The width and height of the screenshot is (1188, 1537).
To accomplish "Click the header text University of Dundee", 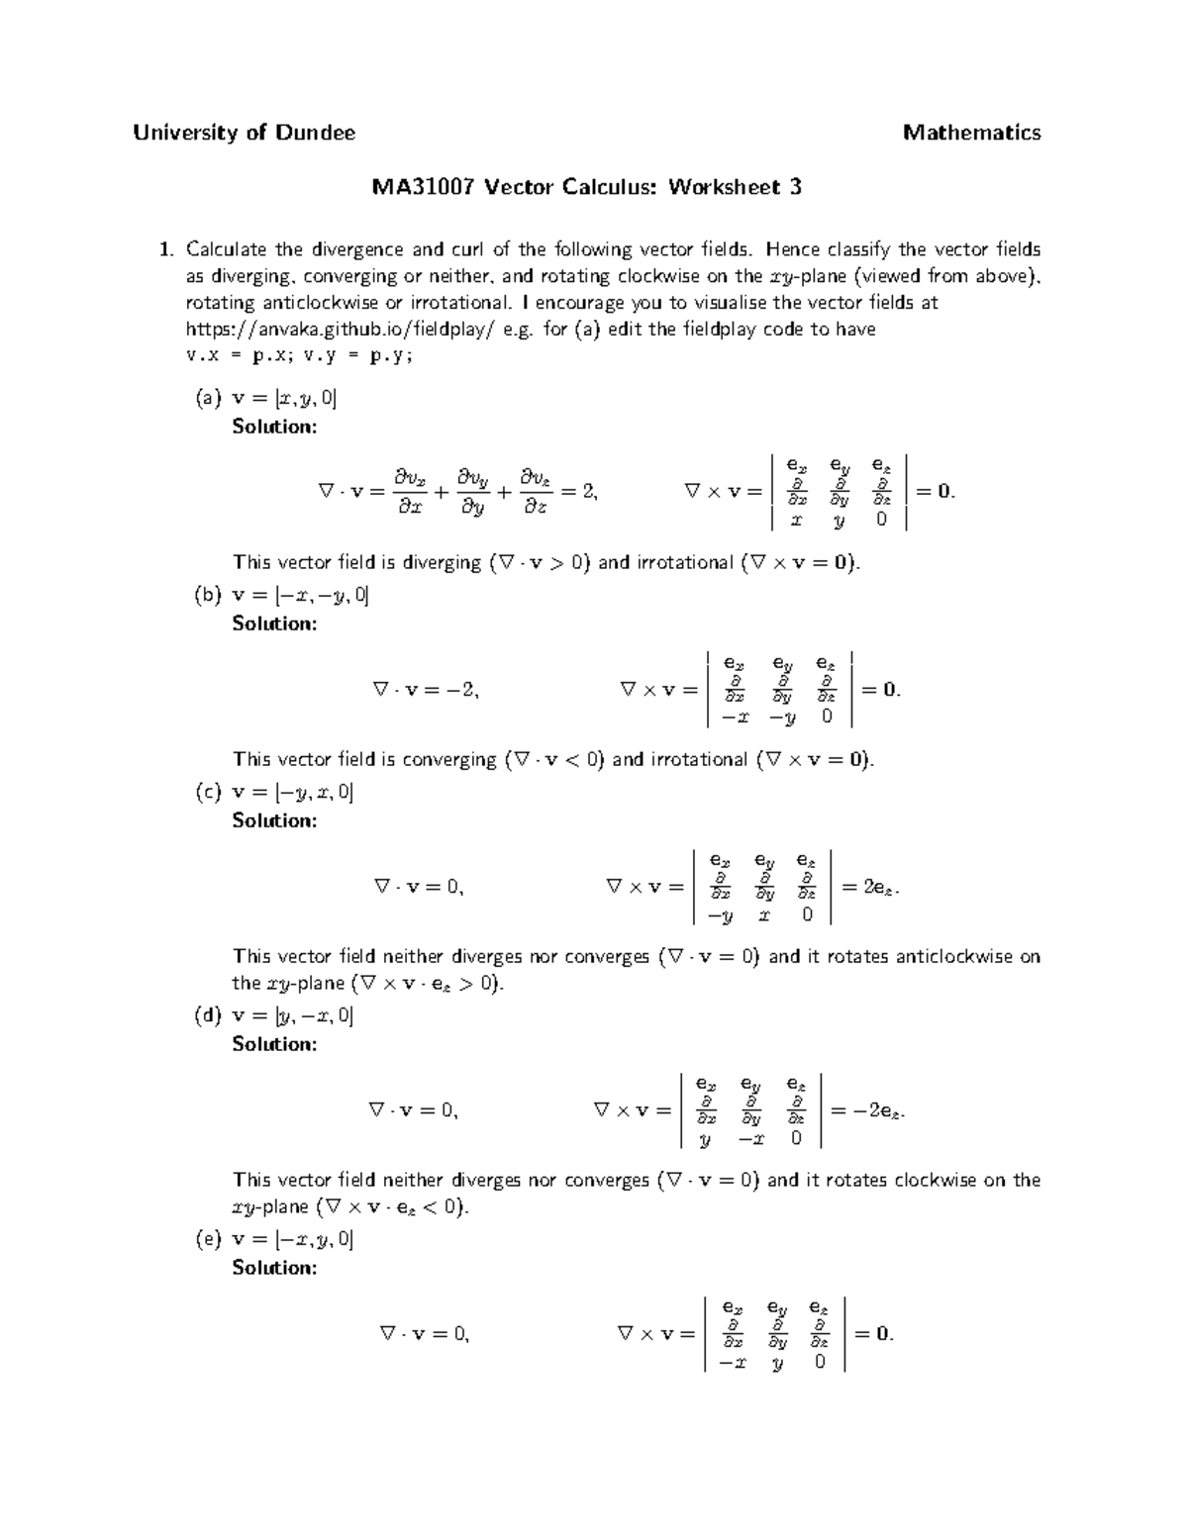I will pos(244,133).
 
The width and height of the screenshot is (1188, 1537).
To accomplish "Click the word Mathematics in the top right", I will pos(971,133).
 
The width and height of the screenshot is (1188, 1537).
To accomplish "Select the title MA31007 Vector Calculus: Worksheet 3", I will pos(586,187).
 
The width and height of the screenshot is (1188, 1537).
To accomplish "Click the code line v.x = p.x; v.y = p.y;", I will pos(299,356).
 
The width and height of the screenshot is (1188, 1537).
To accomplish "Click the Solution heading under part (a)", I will pos(274,427).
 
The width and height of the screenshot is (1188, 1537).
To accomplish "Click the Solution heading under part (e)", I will pos(274,1268).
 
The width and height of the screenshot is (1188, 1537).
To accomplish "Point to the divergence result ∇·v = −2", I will pos(426,690).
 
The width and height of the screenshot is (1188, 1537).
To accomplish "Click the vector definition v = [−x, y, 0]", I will pos(292,1240).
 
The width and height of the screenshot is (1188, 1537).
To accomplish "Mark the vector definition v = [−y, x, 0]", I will pos(292,793).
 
